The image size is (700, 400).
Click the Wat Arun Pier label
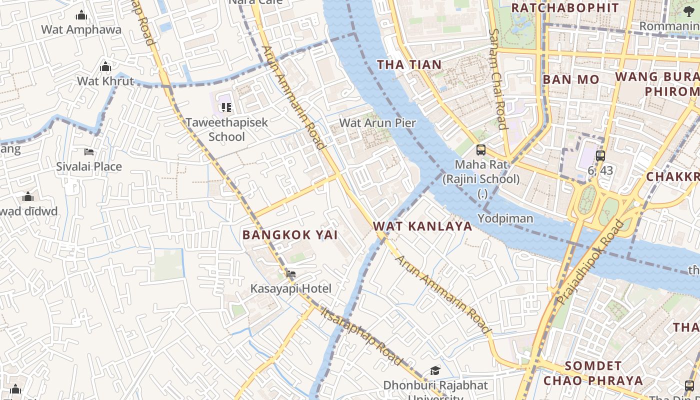click(x=377, y=123)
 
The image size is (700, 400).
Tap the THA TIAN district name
click(x=409, y=64)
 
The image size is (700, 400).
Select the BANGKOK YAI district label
click(x=290, y=234)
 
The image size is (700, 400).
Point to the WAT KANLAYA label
click(x=422, y=226)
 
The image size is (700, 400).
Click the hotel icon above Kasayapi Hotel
click(x=291, y=273)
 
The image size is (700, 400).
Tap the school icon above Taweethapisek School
click(x=226, y=107)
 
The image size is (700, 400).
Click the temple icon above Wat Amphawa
click(x=81, y=15)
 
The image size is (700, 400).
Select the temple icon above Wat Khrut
click(x=105, y=66)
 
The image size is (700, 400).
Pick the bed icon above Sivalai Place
click(x=89, y=151)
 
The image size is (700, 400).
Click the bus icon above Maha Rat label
click(x=480, y=149)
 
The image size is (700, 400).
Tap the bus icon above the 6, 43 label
click(x=600, y=155)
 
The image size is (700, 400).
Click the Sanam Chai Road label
click(x=498, y=78)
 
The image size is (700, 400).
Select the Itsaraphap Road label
click(x=361, y=336)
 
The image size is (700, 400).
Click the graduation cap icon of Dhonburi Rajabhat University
click(x=435, y=371)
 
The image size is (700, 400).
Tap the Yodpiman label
click(x=505, y=218)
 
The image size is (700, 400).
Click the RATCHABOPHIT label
click(x=564, y=8)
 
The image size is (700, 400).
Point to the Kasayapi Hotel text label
click(x=290, y=288)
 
